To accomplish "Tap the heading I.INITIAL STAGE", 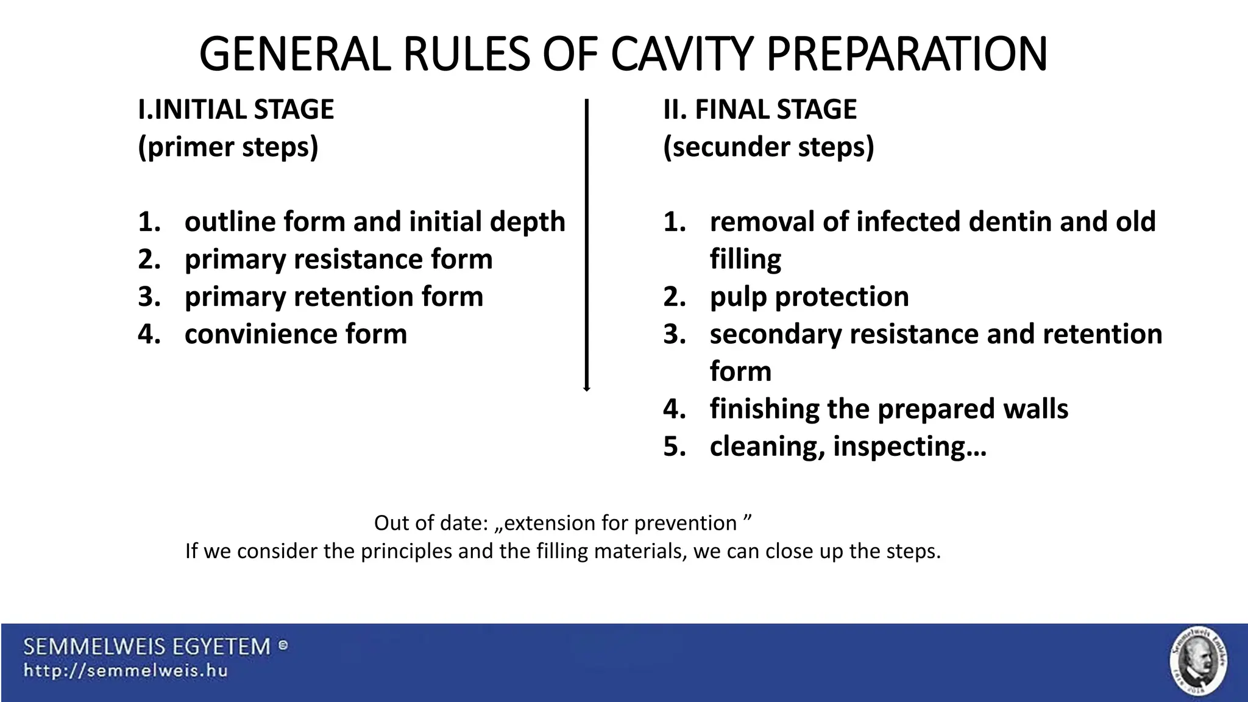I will coord(236,110).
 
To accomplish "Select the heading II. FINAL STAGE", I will coord(759,110).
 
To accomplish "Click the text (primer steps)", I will coord(228,147).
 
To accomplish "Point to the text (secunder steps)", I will coord(768,147).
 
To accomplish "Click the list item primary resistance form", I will coord(338,259).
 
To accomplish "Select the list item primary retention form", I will coord(333,297).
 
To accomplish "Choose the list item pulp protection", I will coord(809,297).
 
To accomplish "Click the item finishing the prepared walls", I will coord(888,409).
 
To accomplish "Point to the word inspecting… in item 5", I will coord(909,447).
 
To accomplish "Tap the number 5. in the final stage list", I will coord(675,447).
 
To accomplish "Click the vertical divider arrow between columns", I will coord(586,244).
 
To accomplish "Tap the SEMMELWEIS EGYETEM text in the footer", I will coord(147,647).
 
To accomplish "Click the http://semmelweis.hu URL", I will coord(126,671).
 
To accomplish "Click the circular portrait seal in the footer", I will coord(1198,661).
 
